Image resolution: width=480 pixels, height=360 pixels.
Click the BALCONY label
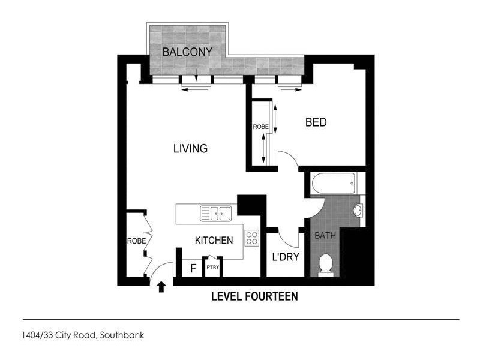(188, 52)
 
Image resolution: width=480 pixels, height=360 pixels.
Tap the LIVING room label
(190, 148)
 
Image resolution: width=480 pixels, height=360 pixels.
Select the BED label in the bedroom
(316, 122)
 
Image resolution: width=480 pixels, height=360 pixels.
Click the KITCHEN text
(214, 241)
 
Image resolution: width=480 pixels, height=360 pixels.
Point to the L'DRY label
(286, 258)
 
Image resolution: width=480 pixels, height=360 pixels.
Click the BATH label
(325, 235)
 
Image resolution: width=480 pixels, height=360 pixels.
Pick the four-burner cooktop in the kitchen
(252, 238)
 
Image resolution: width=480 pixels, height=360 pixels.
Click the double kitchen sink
(217, 212)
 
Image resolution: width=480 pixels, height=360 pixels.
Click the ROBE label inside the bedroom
(260, 127)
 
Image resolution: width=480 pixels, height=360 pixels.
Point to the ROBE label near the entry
(136, 241)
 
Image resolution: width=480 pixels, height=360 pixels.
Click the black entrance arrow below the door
(161, 287)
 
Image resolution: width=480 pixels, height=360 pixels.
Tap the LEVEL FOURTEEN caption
(254, 296)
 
